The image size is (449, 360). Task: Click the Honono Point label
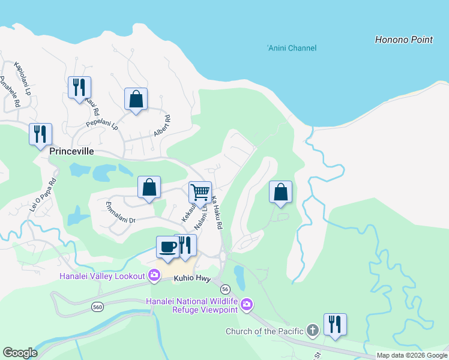coord(403,40)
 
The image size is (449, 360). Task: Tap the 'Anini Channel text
coord(292,48)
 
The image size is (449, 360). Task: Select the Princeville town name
coord(71,152)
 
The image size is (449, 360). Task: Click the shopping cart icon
coord(200,193)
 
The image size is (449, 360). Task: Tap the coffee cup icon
coord(167,247)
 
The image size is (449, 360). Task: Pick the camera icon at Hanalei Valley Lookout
coord(154,275)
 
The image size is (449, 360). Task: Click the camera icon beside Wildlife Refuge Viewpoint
coord(246,305)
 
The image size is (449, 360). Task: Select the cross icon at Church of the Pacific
coord(312,331)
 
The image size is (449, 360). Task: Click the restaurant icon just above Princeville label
coord(40,134)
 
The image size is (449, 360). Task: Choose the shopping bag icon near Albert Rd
coord(136,99)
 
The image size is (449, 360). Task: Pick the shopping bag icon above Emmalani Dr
coord(149,187)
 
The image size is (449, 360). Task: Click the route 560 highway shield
coord(97,307)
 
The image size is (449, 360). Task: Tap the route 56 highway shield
coord(225,289)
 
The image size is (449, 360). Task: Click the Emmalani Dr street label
coord(119,215)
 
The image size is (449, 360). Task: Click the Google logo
coord(20,353)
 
